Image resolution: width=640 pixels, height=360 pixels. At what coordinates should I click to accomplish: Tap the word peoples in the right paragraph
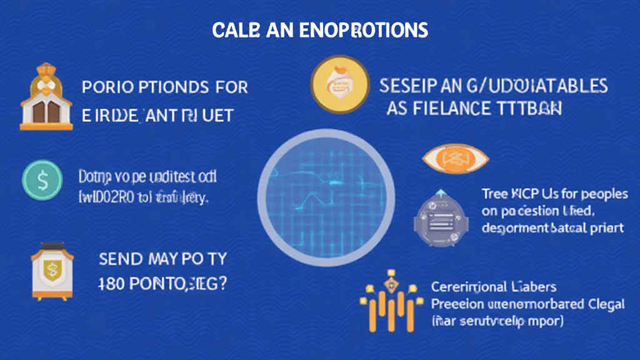click(x=602, y=194)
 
